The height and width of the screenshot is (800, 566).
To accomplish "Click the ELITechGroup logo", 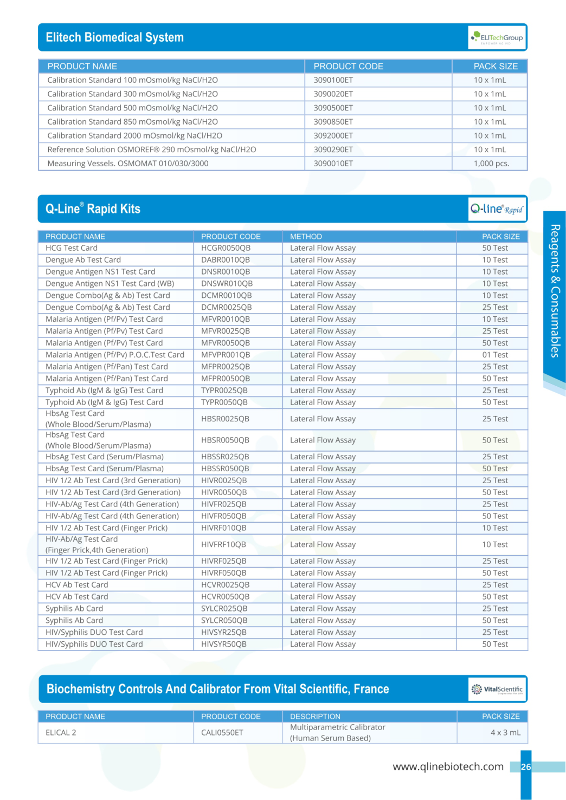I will tap(497, 38).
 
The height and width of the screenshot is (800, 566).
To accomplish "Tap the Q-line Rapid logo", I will tap(497, 209).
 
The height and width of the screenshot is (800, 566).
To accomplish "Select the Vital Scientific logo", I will tap(497, 689).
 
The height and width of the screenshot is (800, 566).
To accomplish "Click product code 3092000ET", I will tap(333, 136).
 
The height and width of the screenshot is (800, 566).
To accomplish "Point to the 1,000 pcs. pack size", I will tap(491, 164).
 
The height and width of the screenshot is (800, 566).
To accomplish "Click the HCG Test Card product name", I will tap(72, 248).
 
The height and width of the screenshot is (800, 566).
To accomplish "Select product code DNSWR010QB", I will tap(227, 284).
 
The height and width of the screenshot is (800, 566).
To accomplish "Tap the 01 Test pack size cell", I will tap(495, 355).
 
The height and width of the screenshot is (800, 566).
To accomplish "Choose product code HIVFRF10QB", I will tap(223, 544).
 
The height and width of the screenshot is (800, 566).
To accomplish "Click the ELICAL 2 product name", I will tap(61, 733).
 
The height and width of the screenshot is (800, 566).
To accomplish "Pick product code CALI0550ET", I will tap(222, 733).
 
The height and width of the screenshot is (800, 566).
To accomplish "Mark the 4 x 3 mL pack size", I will tap(505, 733).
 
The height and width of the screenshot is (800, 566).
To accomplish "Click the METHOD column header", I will tap(306, 237).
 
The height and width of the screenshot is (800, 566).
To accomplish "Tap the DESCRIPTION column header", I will tap(315, 717).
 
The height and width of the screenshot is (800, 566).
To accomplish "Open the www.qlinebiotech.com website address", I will tap(448, 767).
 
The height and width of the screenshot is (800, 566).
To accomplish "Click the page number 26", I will tap(526, 767).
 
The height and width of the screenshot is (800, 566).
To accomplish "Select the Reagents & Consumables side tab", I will tap(555, 291).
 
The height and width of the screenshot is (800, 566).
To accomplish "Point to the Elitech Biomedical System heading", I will tap(114, 37).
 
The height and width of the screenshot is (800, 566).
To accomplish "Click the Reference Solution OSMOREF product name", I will tap(152, 149).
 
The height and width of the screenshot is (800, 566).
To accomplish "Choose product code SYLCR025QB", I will tap(224, 609).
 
